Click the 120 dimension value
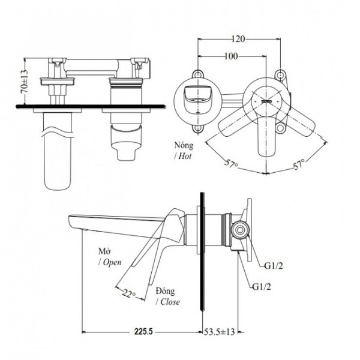tap(238, 40)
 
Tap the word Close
tap(169, 302)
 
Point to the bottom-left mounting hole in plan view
tap(197, 128)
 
